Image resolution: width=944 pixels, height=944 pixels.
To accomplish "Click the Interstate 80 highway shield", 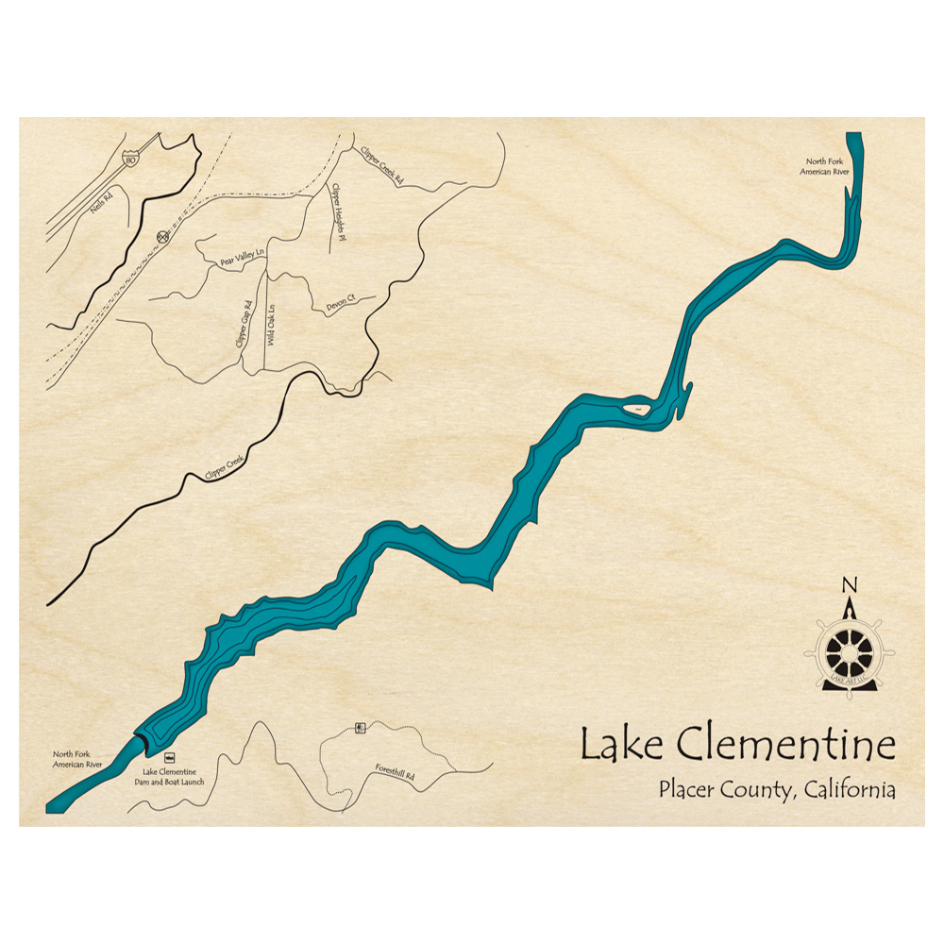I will [128, 160].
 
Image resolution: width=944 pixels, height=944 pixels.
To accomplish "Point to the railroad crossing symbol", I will [162, 238].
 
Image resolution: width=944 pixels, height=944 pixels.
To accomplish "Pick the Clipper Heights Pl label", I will [335, 208].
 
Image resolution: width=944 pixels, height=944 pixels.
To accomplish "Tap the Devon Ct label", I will [339, 301].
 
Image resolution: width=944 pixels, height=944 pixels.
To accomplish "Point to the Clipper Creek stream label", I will [224, 468].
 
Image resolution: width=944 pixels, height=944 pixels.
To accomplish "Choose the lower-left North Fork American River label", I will [76, 759].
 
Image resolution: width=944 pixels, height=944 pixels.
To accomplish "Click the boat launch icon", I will [169, 757].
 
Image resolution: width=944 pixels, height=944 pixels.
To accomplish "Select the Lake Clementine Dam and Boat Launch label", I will [169, 777].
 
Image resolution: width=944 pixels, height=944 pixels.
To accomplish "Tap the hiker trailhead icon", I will [359, 727].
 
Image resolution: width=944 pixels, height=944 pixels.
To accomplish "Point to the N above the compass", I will [849, 583].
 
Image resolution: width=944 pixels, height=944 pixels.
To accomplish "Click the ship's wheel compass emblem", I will [849, 651].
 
